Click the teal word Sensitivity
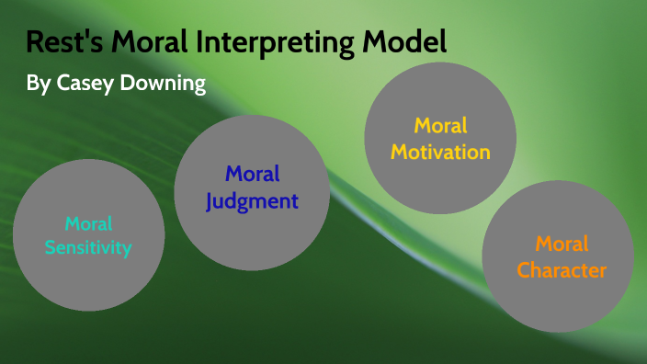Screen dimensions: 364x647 pyautogui.click(x=90, y=247)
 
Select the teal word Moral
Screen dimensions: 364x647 pyautogui.click(x=89, y=223)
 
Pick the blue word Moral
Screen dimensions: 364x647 pyautogui.click(x=252, y=174)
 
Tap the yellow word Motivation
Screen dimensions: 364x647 pyautogui.click(x=440, y=152)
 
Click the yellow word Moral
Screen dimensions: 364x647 pyautogui.click(x=441, y=125)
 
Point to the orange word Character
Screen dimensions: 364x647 pyautogui.click(x=561, y=270)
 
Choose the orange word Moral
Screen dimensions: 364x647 pyautogui.click(x=562, y=245)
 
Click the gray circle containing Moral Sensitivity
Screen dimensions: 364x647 pyautogui.click(x=89, y=276)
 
